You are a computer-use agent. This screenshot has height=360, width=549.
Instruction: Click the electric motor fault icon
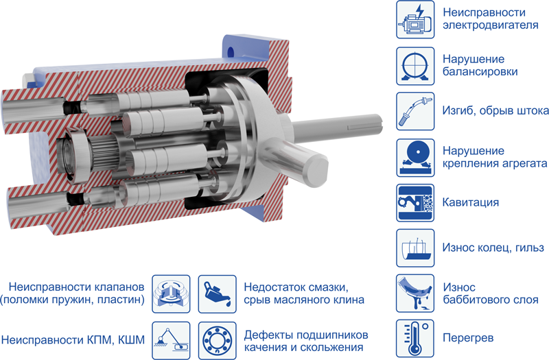coord(415,20)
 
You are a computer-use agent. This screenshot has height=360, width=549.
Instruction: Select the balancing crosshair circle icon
coord(415,66)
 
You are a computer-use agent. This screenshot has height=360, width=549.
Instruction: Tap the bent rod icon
coord(415,111)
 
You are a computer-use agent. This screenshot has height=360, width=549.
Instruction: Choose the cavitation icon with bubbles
coord(415,203)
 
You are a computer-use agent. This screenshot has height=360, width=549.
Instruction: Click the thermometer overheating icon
coord(415,338)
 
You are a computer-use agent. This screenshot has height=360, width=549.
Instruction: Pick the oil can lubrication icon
coord(217,294)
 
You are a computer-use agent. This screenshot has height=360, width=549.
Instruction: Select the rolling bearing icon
coord(217,340)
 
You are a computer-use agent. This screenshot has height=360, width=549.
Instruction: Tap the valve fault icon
coord(171,294)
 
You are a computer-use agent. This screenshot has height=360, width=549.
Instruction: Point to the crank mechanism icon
coord(171,340)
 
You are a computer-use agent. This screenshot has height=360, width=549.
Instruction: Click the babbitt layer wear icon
coord(415,293)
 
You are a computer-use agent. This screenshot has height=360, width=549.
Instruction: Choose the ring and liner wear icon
coord(415,248)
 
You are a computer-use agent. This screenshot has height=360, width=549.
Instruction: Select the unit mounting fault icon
coord(415,158)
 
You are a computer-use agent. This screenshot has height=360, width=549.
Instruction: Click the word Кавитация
coord(471,202)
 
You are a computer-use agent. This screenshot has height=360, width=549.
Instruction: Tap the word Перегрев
coord(469,338)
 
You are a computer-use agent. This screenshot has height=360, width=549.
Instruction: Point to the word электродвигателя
coord(491,25)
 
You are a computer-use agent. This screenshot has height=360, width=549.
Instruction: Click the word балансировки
coord(480,72)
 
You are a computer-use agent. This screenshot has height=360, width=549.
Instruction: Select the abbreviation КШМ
coord(131,340)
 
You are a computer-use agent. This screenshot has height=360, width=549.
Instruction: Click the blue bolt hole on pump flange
coord(231,53)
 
